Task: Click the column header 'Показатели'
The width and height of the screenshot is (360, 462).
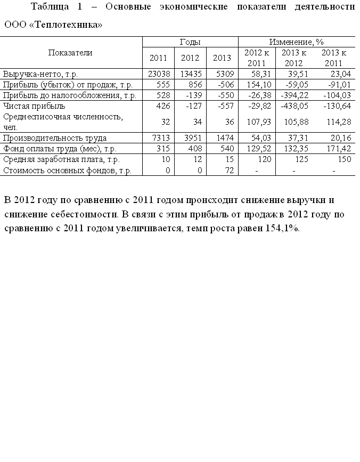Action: point(70,52)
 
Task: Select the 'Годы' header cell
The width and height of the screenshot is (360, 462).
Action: point(190,42)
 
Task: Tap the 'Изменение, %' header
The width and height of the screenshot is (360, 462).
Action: point(296,42)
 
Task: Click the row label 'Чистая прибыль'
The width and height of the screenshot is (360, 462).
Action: point(34,106)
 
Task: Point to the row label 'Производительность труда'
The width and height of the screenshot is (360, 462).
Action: point(55,138)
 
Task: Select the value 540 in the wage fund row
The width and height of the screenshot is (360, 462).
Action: point(227,149)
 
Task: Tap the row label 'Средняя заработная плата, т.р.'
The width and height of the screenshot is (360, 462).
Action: point(61,159)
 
